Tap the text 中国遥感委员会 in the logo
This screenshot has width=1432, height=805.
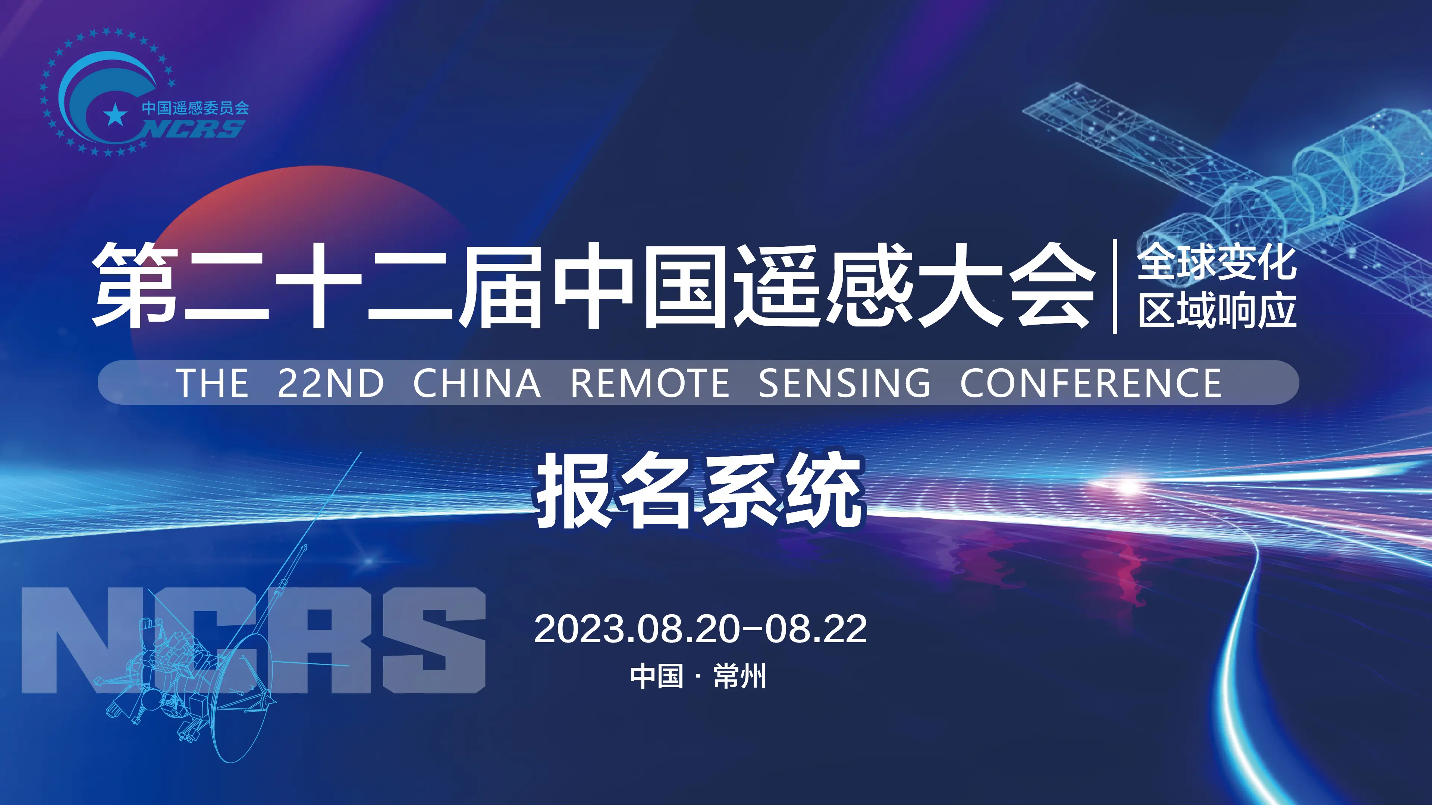click(195, 107)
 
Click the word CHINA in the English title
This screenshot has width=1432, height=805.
click(477, 383)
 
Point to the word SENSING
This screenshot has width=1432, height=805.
click(844, 383)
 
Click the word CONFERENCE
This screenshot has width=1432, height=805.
click(1091, 383)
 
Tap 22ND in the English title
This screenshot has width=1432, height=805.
click(331, 383)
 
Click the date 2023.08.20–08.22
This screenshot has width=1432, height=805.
click(700, 629)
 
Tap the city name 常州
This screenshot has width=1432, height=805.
click(740, 676)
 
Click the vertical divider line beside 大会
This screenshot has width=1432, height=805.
click(1115, 286)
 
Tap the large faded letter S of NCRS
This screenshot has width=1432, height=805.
click(434, 640)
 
